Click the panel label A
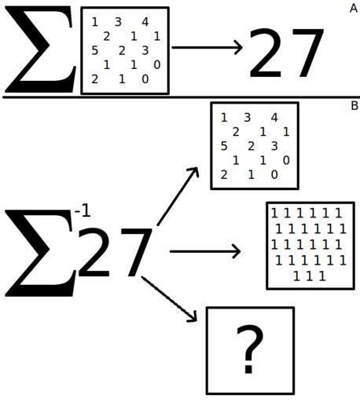coord(354,9)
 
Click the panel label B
coord(354,106)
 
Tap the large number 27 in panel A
coord(286,53)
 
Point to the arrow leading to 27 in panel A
coord(207,47)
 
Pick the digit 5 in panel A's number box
coord(95,50)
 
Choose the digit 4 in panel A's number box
coord(145,22)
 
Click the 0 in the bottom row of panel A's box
coord(145,79)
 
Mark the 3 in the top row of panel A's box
coord(118,22)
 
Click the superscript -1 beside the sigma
coord(83,212)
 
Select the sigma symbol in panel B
coord(40,253)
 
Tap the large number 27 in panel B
coord(115,252)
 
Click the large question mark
coord(249,349)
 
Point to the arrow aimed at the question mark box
coord(169,298)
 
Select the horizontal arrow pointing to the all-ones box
coord(205,251)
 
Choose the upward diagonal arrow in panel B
coord(178,196)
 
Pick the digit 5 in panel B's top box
coord(224,146)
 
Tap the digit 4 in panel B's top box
coord(274,118)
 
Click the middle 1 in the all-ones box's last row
coord(310,276)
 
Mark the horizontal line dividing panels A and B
coord(181,97)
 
